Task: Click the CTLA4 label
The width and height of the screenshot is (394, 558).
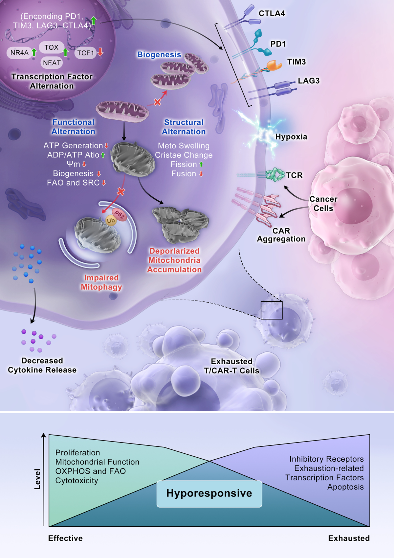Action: pyautogui.click(x=272, y=13)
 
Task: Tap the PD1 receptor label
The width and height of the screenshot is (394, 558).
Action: pyautogui.click(x=278, y=44)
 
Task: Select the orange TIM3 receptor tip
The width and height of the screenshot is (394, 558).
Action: pyautogui.click(x=274, y=65)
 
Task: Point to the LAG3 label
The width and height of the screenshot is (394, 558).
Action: pyautogui.click(x=309, y=81)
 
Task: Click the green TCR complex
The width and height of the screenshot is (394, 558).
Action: pyautogui.click(x=275, y=175)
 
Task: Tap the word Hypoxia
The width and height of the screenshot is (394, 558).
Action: pyautogui.click(x=291, y=137)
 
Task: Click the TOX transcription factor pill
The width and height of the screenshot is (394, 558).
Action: pyautogui.click(x=52, y=47)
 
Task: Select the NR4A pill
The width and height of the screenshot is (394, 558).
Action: pyautogui.click(x=19, y=53)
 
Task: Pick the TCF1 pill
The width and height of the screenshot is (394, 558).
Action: pyautogui.click(x=85, y=53)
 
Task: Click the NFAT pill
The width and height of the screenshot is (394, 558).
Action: pyautogui.click(x=52, y=63)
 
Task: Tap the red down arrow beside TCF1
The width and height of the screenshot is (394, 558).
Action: pyautogui.click(x=100, y=52)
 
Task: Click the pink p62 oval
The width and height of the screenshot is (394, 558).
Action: pyautogui.click(x=120, y=215)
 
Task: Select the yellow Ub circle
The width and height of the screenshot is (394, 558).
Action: pyautogui.click(x=111, y=220)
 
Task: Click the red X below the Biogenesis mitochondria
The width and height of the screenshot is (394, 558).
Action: pyautogui.click(x=157, y=102)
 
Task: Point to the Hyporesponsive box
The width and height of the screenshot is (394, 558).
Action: pyautogui.click(x=209, y=494)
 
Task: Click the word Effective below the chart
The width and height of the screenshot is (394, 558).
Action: pyautogui.click(x=65, y=538)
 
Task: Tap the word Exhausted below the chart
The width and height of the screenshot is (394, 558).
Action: pyautogui.click(x=349, y=538)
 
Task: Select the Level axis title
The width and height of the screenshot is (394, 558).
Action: pyautogui.click(x=37, y=479)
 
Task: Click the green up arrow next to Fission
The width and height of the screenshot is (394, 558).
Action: pyautogui.click(x=201, y=164)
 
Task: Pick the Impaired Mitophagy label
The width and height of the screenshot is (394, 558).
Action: pyautogui.click(x=101, y=282)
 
